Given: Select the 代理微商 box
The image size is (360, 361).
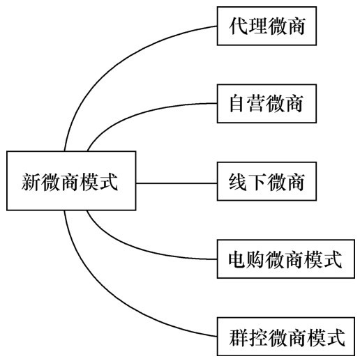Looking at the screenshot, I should point(268,27).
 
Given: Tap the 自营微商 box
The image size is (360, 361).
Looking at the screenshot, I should point(268,105).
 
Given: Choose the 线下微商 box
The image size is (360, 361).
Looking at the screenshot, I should point(268,183).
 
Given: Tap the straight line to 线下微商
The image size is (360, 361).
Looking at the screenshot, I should point(177,183).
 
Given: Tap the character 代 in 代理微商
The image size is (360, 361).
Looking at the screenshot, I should point(239,27).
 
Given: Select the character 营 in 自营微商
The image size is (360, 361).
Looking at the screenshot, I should point(258,105).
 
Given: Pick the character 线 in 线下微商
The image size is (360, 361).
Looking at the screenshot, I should point(239,183).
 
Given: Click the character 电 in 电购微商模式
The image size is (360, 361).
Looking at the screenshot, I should point(239,261).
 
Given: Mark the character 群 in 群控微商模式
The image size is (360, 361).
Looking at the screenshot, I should point(239,339).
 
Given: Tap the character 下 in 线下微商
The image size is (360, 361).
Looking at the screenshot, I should point(258,183).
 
